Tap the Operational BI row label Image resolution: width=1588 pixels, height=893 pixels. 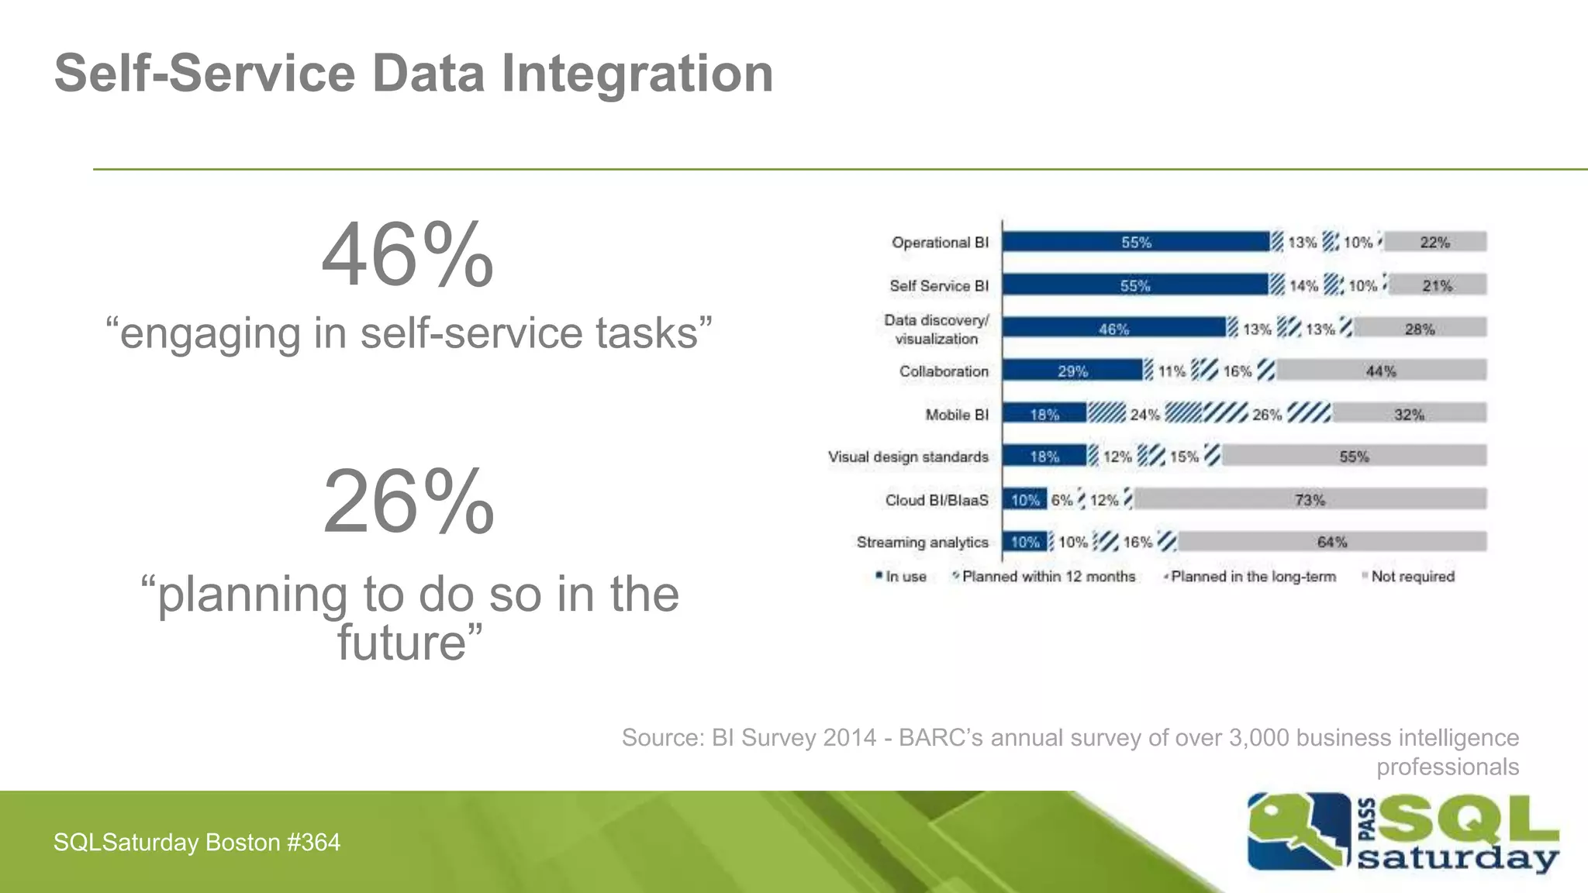(940, 243)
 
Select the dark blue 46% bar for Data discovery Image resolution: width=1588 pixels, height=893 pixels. (1113, 329)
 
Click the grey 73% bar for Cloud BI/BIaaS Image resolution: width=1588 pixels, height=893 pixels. (1310, 500)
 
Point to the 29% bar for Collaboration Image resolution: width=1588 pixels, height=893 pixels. (1072, 371)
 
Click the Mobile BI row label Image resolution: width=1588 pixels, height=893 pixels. (957, 415)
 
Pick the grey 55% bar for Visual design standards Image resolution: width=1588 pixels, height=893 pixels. (1354, 457)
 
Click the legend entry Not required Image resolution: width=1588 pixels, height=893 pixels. (1412, 577)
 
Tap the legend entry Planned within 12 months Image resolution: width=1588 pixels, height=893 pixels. (1048, 577)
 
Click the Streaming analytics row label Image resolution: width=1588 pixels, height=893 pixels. (922, 542)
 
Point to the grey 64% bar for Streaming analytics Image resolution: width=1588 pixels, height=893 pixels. (1331, 542)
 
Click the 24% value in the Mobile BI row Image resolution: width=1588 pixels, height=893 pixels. (1144, 415)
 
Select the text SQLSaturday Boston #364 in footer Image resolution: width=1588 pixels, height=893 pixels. (197, 843)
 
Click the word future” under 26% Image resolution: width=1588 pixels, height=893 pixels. (409, 643)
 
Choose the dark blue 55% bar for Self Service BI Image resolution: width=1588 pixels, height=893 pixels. (1135, 286)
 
